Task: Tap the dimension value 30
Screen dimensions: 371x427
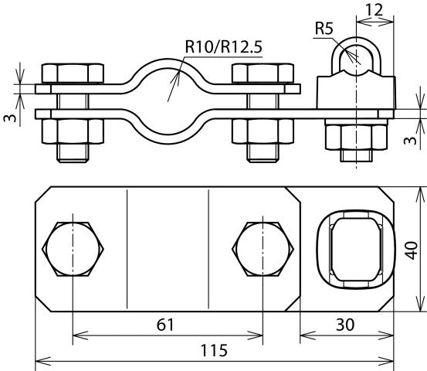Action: point(346,325)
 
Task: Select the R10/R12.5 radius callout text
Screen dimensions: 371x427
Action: point(224,46)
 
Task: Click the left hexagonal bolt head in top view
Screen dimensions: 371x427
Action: point(73,248)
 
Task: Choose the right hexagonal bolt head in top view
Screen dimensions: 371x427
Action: point(265,248)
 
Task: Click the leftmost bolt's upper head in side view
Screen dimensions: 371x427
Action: point(73,73)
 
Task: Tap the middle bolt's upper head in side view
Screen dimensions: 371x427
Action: point(265,73)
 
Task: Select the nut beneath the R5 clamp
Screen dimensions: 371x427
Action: point(354,138)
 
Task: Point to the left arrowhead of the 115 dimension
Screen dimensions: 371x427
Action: point(40,360)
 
